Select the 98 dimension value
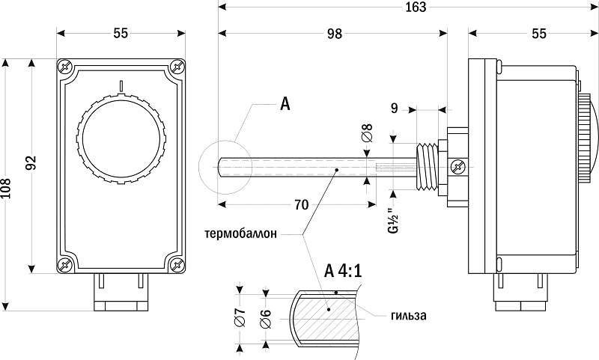(334, 34)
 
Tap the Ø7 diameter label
(240, 318)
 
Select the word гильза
(408, 315)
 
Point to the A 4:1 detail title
(344, 270)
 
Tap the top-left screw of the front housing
(66, 67)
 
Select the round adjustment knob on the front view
(121, 135)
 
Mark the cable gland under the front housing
(121, 294)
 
